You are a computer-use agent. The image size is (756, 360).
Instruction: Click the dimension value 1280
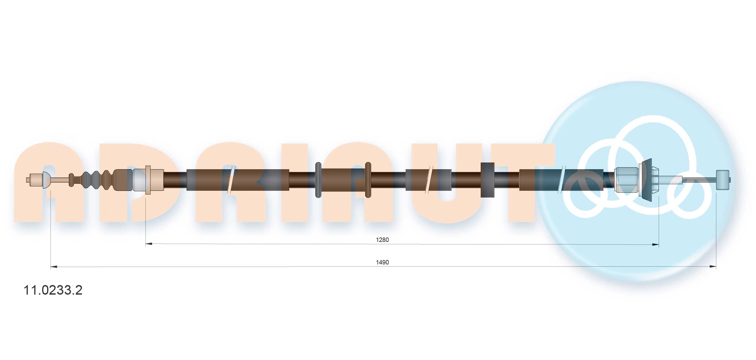[x=382, y=240]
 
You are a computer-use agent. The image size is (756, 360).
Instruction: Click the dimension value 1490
[x=382, y=262]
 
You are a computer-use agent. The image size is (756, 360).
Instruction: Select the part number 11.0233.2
[x=53, y=290]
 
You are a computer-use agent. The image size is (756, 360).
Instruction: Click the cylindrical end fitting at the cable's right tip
[x=722, y=180]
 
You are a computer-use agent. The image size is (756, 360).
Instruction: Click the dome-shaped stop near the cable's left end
[x=47, y=180]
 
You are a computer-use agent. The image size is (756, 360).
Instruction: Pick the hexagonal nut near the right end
[x=626, y=180]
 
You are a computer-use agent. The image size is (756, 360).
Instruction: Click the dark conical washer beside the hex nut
[x=646, y=180]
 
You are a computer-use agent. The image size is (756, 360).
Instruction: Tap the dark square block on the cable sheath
[x=487, y=180]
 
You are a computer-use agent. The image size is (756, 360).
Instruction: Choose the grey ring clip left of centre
[x=318, y=180]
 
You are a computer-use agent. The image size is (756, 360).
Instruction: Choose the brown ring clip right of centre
[x=368, y=180]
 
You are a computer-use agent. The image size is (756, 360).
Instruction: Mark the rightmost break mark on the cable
[x=561, y=180]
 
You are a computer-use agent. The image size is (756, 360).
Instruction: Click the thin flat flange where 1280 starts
[x=148, y=180]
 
